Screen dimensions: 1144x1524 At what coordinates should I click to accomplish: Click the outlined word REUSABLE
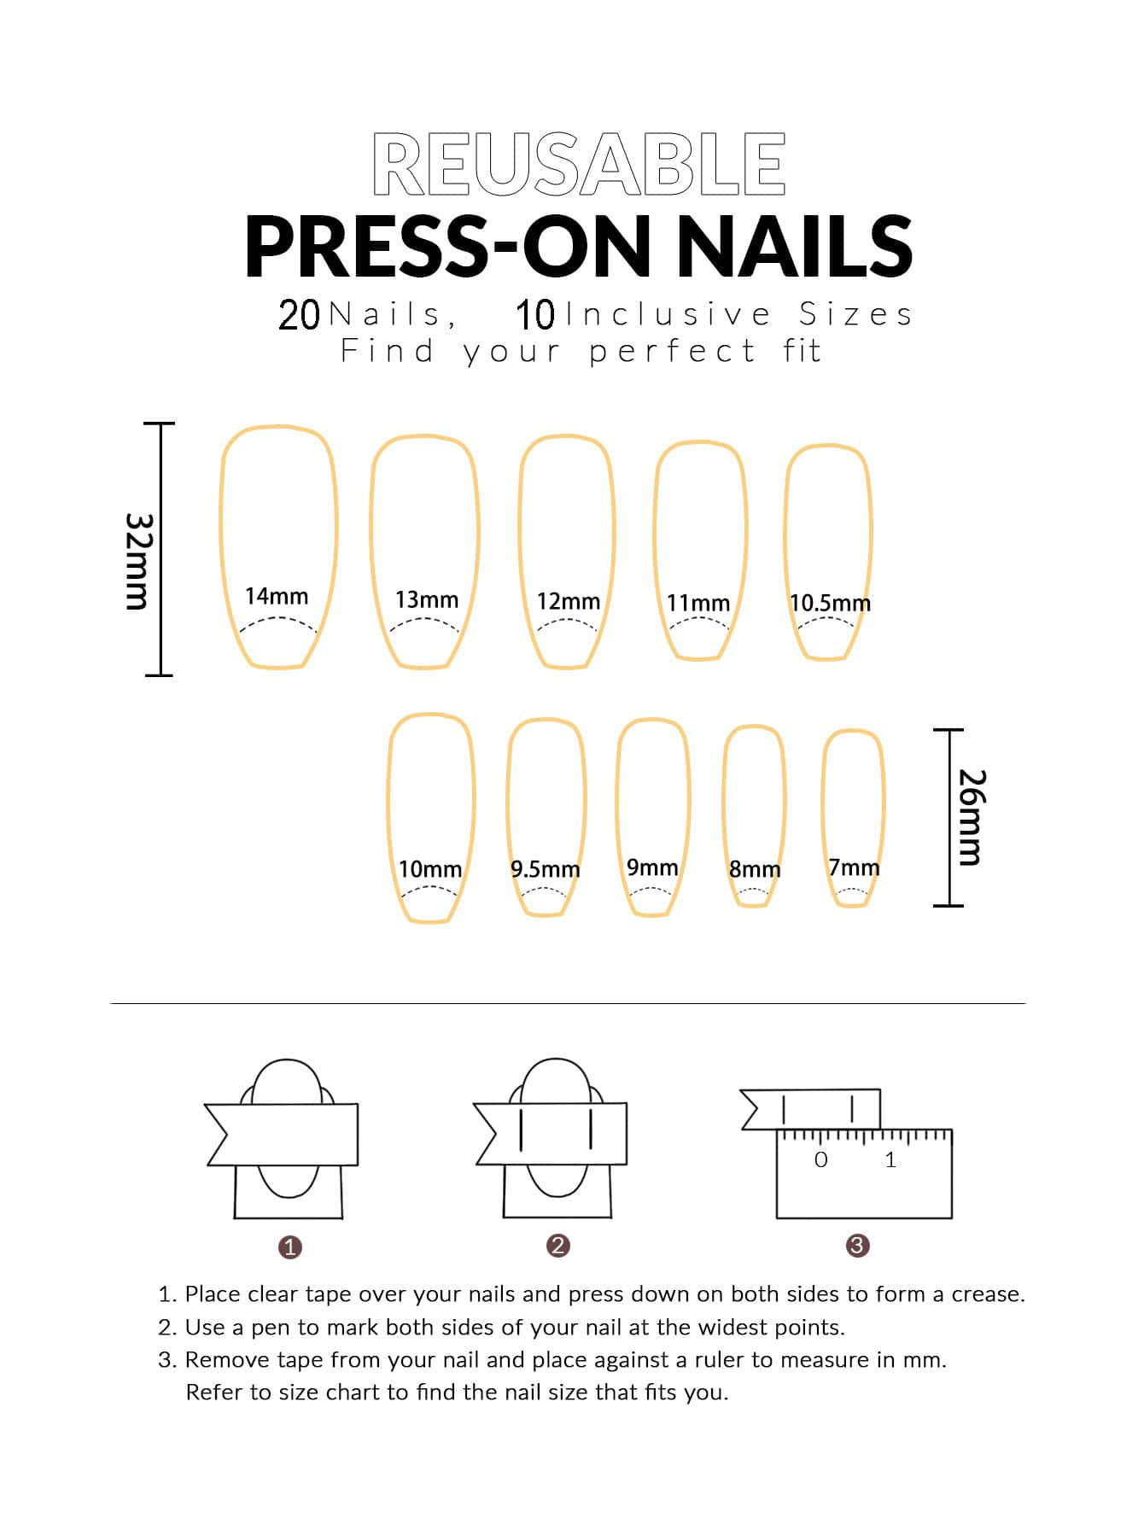[579, 165]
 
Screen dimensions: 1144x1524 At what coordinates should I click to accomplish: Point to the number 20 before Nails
[299, 315]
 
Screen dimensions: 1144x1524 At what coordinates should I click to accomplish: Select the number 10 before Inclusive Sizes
[535, 315]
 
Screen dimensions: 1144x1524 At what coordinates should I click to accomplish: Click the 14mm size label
[277, 596]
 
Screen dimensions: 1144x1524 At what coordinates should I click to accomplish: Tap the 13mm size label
[426, 599]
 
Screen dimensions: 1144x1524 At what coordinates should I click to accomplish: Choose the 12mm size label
[568, 601]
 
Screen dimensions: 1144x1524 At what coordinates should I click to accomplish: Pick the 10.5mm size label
[830, 603]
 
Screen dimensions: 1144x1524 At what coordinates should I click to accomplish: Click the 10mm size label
[430, 869]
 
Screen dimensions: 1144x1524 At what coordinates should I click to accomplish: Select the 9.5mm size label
[545, 869]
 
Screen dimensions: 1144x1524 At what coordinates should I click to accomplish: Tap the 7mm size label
[854, 867]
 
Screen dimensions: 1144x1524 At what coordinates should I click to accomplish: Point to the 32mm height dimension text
[138, 561]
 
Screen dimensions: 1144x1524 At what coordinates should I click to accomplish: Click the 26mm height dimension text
[972, 817]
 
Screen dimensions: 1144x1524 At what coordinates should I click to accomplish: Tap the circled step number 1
[290, 1247]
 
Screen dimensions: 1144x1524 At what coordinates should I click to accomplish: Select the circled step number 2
[557, 1246]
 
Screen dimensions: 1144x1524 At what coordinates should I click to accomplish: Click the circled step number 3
[857, 1246]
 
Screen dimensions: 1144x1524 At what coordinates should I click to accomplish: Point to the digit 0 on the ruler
[821, 1159]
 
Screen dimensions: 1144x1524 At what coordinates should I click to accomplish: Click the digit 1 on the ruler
[890, 1159]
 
